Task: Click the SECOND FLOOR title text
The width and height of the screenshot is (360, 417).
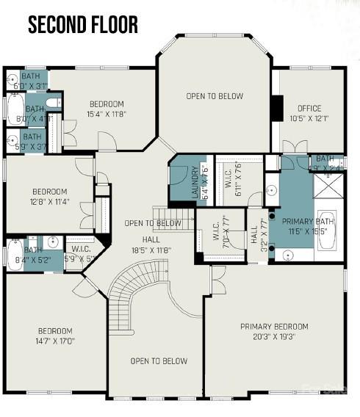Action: (x=82, y=24)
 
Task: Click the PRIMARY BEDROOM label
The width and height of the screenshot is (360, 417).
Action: (x=274, y=327)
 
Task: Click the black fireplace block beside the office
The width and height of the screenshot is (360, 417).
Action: (x=276, y=109)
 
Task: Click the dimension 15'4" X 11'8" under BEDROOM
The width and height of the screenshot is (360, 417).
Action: (x=107, y=114)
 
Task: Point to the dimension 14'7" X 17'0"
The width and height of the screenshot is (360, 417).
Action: (x=56, y=341)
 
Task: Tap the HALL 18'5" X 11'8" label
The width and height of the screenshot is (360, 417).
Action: (x=151, y=244)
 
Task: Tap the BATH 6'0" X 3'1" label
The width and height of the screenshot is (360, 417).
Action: (x=31, y=81)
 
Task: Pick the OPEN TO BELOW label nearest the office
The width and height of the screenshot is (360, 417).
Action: (x=214, y=96)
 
